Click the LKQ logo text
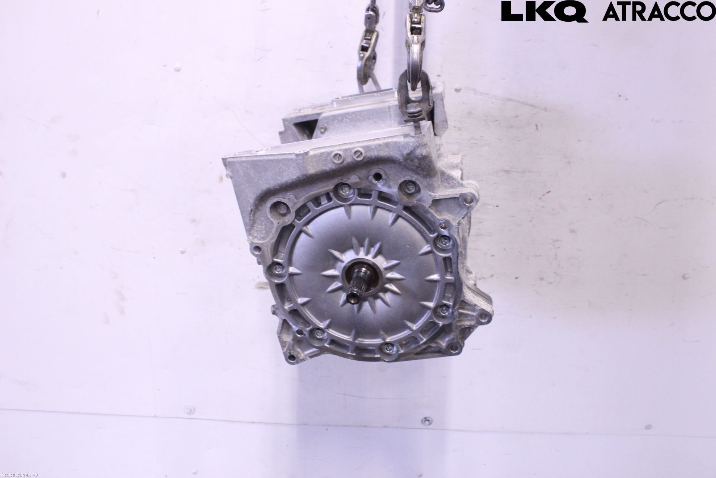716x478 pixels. pyautogui.click(x=544, y=11)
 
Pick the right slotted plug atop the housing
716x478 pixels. pyautogui.click(x=358, y=153)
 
